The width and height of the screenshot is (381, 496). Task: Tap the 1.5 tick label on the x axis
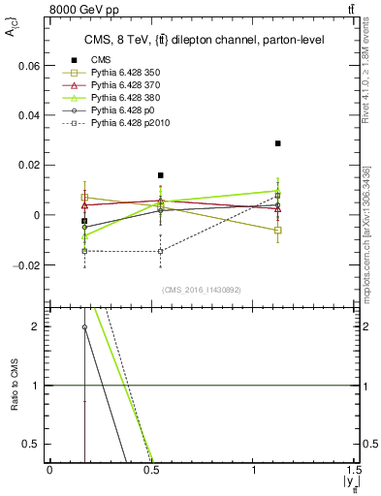(353, 470)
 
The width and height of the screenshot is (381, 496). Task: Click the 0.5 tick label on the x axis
(152, 470)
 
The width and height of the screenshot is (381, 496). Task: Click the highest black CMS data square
(277, 143)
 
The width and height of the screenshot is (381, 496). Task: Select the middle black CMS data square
(161, 175)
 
